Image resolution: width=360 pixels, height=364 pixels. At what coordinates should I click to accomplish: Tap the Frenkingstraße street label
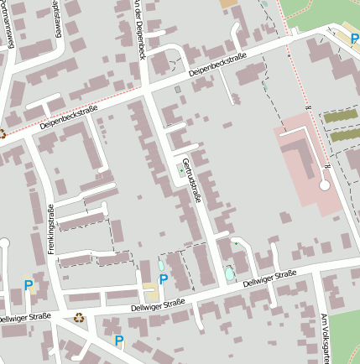point(51,229)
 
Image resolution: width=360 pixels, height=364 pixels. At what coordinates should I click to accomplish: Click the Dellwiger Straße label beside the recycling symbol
point(24,318)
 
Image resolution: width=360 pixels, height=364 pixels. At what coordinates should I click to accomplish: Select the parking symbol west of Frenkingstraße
point(29,285)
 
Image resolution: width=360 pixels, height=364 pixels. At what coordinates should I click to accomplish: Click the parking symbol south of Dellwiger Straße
point(118,341)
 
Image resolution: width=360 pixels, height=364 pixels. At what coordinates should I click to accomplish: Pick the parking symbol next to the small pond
point(163,279)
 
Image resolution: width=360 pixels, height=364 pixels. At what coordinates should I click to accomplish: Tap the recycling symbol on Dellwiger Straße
point(79,317)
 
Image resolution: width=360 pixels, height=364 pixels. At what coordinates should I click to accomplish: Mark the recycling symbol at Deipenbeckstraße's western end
point(3,133)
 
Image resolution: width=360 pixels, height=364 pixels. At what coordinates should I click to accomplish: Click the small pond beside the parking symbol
point(161,266)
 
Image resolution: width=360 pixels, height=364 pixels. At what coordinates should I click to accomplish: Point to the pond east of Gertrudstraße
point(229,273)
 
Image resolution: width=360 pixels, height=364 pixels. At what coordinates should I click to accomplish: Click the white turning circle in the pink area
point(325,183)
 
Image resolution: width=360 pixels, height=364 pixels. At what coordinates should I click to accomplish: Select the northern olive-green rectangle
point(341,117)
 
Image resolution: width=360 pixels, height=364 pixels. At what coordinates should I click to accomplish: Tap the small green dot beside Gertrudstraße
point(179,172)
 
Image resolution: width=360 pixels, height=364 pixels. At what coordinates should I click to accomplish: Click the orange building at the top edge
point(228,3)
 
